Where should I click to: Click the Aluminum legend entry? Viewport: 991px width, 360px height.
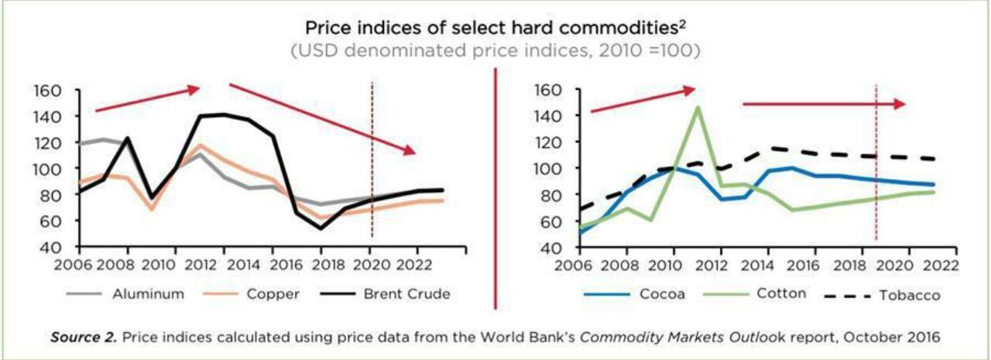click(147, 294)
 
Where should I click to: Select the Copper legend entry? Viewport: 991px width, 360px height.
click(273, 294)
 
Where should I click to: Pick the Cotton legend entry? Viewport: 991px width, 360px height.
click(781, 294)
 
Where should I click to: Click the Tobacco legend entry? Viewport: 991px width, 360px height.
click(910, 295)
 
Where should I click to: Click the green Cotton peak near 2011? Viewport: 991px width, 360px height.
click(698, 108)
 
